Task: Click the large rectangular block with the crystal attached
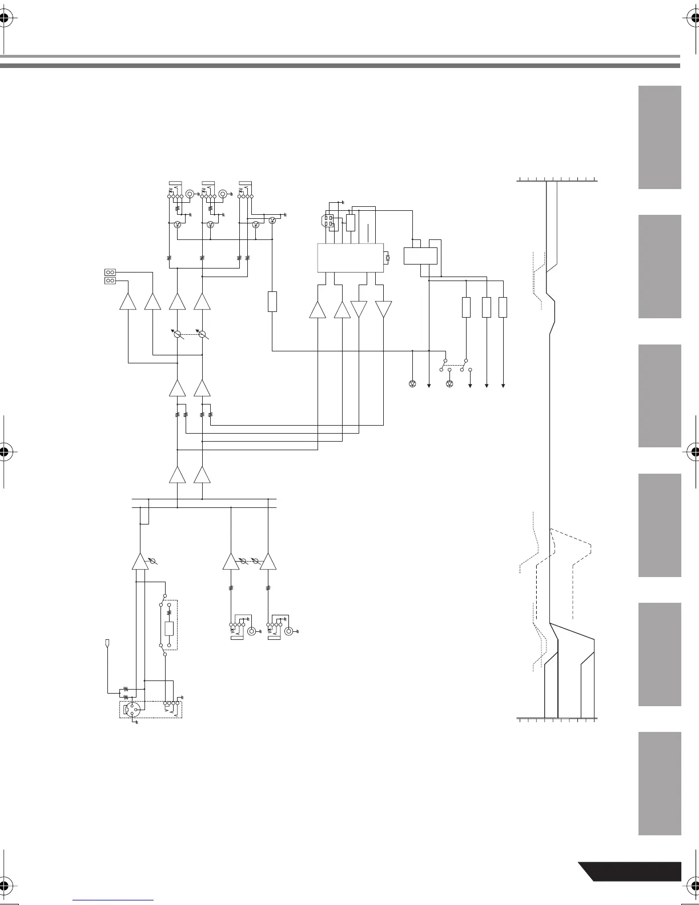coord(350,257)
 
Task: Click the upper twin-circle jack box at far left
coord(110,272)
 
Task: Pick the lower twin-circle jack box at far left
coord(110,281)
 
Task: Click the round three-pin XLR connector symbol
coord(132,710)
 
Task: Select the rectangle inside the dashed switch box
coord(168,628)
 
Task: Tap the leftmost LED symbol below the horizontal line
coord(413,383)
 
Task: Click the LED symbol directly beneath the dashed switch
coord(449,383)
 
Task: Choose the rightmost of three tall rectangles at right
coord(503,307)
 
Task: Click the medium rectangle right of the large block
coord(420,255)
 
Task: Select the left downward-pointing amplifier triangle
coord(359,309)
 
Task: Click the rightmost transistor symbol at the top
coord(272,221)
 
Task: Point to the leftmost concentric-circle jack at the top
coord(190,194)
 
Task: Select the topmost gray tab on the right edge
coord(660,137)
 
